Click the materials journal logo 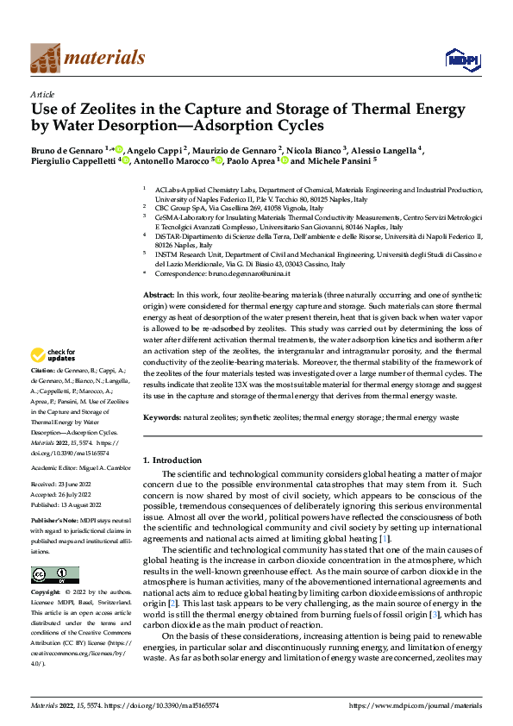point(87,58)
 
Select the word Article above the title point(42,94)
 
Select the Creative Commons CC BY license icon point(54,575)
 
